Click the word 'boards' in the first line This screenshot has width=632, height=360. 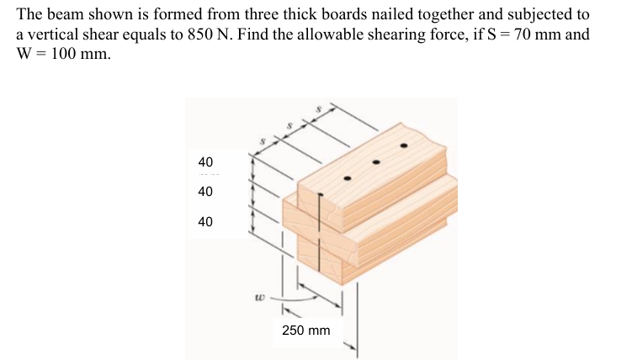tap(332, 15)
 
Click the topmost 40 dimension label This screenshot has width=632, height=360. tap(205, 161)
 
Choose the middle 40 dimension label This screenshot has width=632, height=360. tap(205, 191)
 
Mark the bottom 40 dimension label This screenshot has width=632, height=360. tap(205, 222)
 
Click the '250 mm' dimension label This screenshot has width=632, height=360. tap(306, 331)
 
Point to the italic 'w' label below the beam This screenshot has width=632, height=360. tap(261, 296)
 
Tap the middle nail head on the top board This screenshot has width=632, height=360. tap(375, 161)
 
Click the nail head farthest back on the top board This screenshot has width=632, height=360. tap(404, 146)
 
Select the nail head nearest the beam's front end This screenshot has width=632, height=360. tap(346, 179)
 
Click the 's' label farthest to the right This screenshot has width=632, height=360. tap(318, 109)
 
